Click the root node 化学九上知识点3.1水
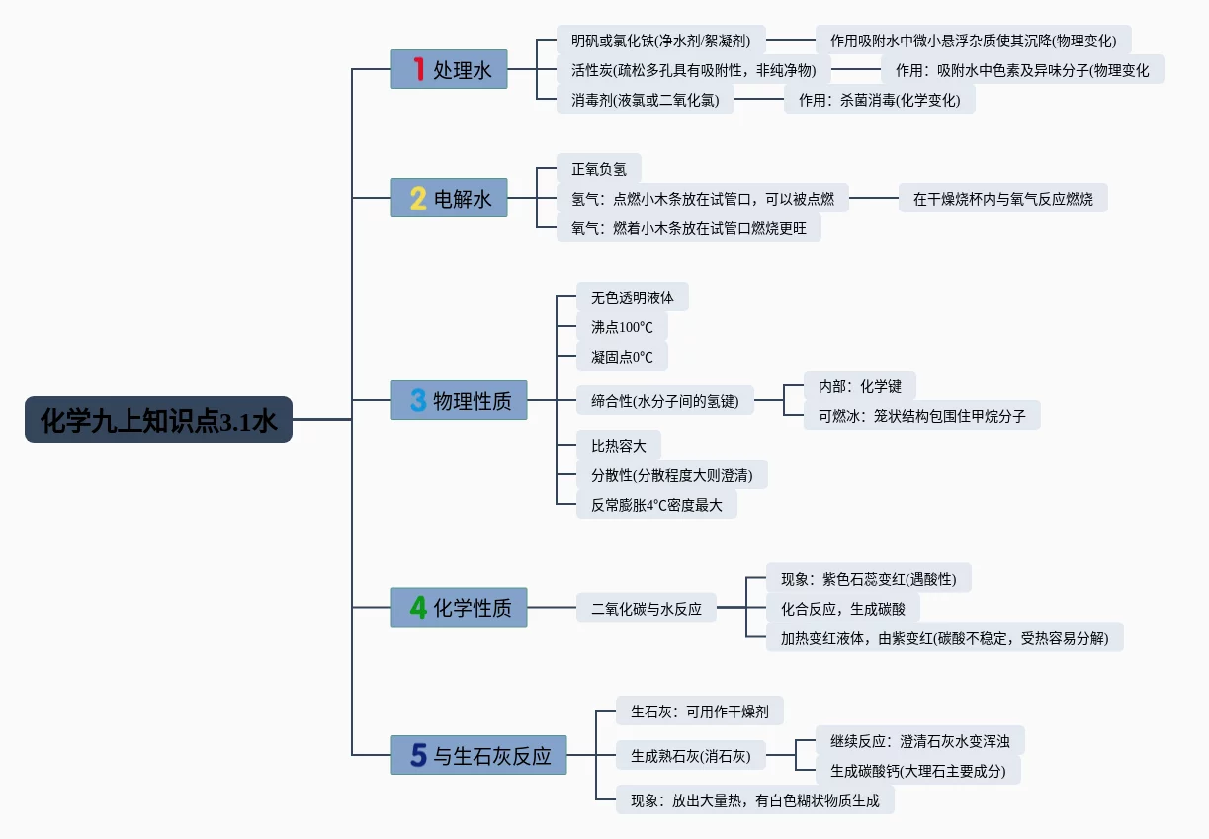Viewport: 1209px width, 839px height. pos(158,419)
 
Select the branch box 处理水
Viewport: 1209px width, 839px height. pos(450,70)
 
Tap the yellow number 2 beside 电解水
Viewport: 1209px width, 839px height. pos(418,199)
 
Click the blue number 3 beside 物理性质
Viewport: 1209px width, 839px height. pos(418,400)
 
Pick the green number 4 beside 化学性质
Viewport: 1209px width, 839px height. pos(418,607)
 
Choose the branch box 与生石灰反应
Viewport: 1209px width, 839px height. pos(478,756)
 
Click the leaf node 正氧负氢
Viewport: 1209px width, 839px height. pos(598,169)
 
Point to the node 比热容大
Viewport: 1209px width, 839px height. pos(618,445)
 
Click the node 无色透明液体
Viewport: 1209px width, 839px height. pos(632,297)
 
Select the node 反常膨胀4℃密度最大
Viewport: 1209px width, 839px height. pos(656,505)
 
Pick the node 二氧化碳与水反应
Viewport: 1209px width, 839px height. pos(646,609)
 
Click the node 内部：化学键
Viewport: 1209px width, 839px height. pos(845,385)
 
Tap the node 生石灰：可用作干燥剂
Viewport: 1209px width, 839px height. pos(699,711)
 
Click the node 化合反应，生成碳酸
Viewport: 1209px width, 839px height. pos(842,609)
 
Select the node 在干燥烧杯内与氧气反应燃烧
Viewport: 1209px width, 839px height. pos(1002,199)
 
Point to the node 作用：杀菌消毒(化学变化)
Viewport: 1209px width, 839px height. pos(879,100)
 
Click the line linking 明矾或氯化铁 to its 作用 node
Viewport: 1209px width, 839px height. pos(790,41)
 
